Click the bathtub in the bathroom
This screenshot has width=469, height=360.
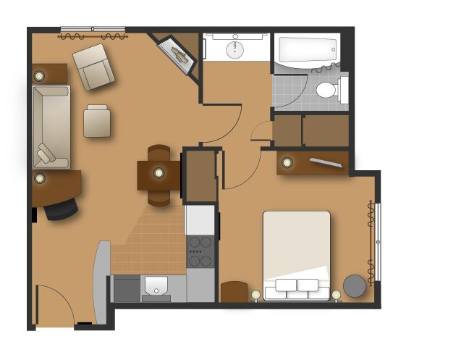308,50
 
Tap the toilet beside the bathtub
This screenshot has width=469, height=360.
327,91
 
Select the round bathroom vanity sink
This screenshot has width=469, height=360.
235,49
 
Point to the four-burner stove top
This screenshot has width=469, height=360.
200,251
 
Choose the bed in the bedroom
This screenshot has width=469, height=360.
296,254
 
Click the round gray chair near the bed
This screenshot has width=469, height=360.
355,285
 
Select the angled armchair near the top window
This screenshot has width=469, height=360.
93,67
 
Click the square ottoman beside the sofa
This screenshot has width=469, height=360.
97,121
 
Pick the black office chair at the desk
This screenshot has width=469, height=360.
61,209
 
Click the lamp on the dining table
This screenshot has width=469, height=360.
158,172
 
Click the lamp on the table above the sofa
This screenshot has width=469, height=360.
39,74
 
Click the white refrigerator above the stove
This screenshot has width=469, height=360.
200,219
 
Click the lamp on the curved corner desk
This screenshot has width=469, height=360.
40,178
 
